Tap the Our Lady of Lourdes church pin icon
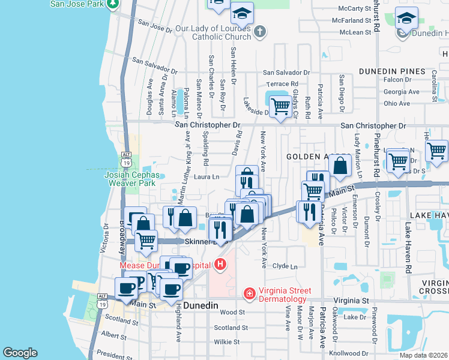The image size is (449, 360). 259,31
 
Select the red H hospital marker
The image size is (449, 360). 220,264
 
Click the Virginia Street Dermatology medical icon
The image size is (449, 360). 249,293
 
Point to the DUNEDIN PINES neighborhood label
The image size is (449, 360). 392,71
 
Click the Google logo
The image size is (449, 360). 20,353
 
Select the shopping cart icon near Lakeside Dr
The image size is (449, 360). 280,107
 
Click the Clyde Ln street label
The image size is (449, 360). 285,266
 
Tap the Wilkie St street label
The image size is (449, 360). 227,341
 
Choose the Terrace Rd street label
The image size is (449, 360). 282,84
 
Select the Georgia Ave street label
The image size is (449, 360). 397,92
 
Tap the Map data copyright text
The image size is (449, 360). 423,355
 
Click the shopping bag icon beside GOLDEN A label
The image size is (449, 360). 340,166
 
